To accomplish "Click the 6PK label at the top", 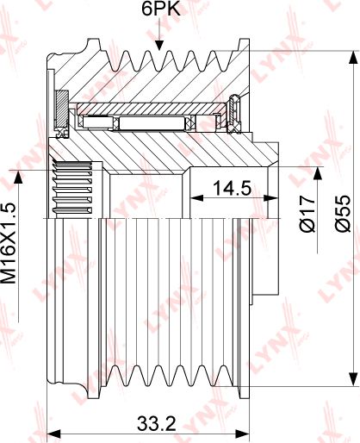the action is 160,9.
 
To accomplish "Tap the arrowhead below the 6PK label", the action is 159,46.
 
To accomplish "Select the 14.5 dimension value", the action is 232,188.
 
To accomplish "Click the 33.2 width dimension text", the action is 157,423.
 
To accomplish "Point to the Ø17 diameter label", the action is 307,214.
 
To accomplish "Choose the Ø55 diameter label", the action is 343,214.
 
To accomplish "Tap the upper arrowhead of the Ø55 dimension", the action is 353,57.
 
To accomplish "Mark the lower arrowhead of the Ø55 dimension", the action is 353,379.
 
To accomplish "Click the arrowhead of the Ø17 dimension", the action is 318,173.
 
